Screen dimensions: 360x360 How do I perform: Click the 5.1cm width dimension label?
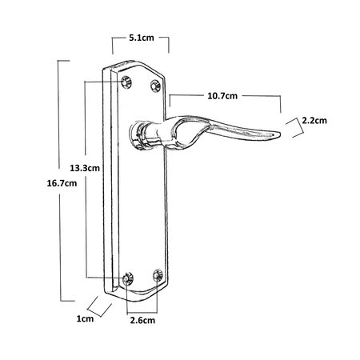142,38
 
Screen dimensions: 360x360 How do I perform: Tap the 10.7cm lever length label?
222,96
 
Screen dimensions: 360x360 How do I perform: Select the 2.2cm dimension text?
314,121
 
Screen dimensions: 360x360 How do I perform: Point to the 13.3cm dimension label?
85,168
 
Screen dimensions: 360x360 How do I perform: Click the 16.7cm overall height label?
62,183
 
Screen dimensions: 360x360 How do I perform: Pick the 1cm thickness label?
85,318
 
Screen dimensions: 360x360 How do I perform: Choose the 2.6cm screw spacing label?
142,320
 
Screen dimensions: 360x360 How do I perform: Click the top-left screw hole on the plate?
126,82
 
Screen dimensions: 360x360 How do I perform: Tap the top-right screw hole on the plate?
155,86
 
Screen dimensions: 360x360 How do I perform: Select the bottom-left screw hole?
128,278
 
